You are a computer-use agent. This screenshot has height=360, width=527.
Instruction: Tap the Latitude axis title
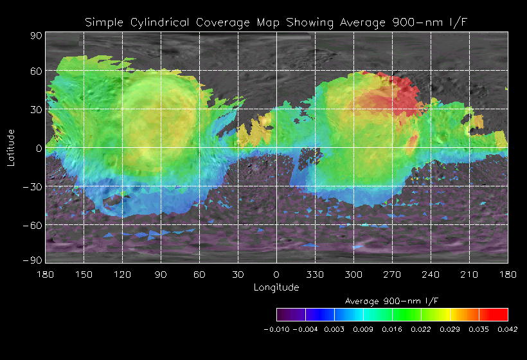pyautogui.click(x=11, y=147)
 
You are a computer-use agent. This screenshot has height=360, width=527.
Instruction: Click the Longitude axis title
pyautogui.click(x=276, y=287)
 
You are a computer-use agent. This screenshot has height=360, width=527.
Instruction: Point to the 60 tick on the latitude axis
pyautogui.click(x=35, y=71)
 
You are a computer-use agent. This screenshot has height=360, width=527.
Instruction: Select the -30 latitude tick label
pyautogui.click(x=32, y=186)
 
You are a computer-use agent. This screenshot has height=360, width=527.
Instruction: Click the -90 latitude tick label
pyautogui.click(x=32, y=260)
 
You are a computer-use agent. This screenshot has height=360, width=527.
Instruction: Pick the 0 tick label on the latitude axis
pyautogui.click(x=39, y=148)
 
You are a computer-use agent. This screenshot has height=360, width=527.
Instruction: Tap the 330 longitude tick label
pyautogui.click(x=315, y=274)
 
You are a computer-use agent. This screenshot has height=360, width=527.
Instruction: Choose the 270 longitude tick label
pyautogui.click(x=392, y=274)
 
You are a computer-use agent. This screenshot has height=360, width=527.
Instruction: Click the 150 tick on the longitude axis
pyautogui.click(x=84, y=274)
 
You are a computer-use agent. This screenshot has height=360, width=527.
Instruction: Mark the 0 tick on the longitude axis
pyautogui.click(x=276, y=274)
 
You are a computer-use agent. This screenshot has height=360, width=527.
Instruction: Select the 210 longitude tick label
pyautogui.click(x=469, y=274)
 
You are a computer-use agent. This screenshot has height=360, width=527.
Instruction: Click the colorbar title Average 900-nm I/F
pyautogui.click(x=392, y=301)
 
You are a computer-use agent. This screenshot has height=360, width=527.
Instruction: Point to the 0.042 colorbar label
pyautogui.click(x=507, y=328)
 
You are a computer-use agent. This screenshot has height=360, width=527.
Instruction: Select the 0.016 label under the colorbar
pyautogui.click(x=392, y=328)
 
